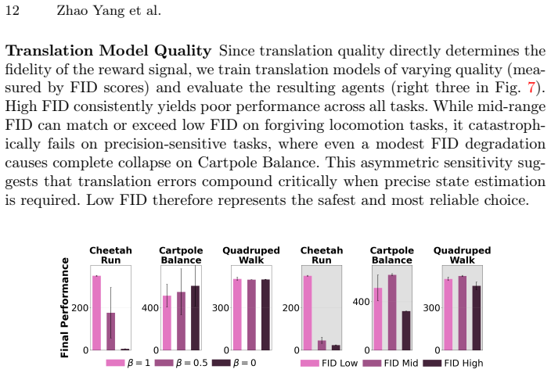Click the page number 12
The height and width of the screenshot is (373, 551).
[x=13, y=10]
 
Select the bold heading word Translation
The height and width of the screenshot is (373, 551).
[x=49, y=51]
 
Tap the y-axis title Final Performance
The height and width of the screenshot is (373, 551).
[x=64, y=307]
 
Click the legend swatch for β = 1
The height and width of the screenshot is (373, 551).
[x=115, y=363]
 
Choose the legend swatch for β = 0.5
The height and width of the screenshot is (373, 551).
[x=164, y=363]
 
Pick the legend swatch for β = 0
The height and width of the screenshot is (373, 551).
[x=221, y=363]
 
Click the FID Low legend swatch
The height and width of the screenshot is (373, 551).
[x=310, y=363]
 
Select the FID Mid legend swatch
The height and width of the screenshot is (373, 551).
[x=372, y=363]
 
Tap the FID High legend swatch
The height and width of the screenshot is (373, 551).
[x=432, y=363]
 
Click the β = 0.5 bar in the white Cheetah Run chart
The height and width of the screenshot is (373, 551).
[x=110, y=332]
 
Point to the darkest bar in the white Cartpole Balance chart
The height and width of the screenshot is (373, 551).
[x=195, y=317]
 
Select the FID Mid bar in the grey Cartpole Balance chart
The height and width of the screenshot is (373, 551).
[x=392, y=313]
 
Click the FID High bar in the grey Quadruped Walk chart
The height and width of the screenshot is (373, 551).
[x=476, y=317]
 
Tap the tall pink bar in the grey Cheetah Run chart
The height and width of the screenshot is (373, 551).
[x=308, y=313]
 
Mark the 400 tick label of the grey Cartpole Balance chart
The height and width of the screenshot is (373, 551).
[x=362, y=302]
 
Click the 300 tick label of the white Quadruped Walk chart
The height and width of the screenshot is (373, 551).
[x=221, y=308]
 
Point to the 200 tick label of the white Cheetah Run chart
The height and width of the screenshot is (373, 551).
[x=80, y=308]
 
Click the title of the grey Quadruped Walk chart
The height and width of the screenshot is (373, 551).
[x=462, y=256]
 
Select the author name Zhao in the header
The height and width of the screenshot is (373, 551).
[x=69, y=10]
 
